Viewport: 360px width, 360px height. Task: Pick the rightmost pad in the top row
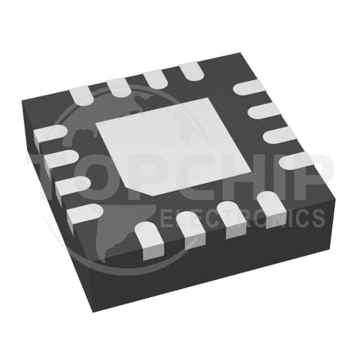pyautogui.click(x=192, y=71)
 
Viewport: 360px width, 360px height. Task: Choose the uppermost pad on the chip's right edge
pyautogui.click(x=250, y=87)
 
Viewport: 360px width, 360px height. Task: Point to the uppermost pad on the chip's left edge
pyautogui.click(x=50, y=134)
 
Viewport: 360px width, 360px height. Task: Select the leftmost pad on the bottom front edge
pyautogui.click(x=150, y=241)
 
